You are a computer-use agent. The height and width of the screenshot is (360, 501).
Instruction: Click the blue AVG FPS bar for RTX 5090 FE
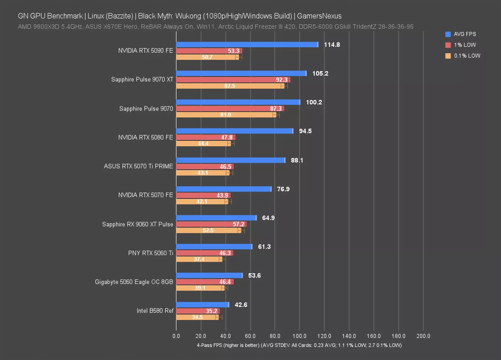[247, 44]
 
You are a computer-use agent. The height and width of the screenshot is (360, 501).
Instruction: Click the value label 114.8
[332, 45]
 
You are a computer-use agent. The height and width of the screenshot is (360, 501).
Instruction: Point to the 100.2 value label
[314, 102]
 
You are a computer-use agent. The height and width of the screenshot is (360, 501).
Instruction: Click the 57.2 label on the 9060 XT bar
[238, 224]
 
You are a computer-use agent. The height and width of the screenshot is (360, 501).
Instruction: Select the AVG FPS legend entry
[465, 34]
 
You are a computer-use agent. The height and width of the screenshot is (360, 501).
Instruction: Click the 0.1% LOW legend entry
[467, 56]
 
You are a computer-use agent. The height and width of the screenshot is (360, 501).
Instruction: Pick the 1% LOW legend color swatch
[448, 45]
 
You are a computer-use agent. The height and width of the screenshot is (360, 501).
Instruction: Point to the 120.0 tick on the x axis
[324, 336]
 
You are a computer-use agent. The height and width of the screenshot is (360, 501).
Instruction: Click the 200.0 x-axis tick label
[423, 336]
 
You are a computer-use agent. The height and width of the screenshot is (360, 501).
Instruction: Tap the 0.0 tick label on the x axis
[176, 336]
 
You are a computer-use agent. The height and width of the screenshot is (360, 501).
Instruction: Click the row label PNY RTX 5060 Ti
[150, 253]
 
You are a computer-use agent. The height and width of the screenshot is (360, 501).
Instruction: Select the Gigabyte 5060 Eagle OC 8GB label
[134, 282]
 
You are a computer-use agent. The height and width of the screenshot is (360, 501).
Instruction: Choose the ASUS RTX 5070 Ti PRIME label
[138, 166]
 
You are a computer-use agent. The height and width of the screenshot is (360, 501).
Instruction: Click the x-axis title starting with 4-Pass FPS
[299, 345]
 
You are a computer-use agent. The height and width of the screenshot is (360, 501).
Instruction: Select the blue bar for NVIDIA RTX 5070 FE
[223, 189]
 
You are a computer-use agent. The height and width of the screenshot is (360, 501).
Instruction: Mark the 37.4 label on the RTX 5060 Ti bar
[199, 259]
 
